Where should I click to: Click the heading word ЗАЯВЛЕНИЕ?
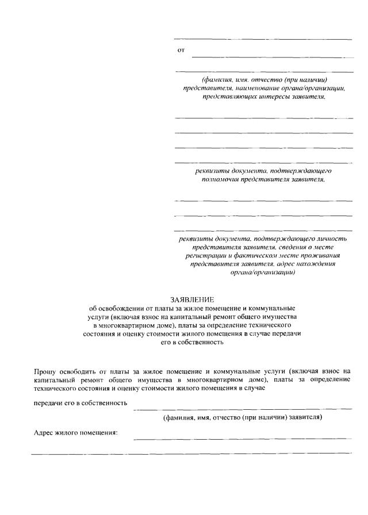[x=192, y=299]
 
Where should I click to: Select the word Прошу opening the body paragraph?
[x=45, y=372]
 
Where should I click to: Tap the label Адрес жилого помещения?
[x=75, y=433]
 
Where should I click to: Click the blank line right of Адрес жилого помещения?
[x=242, y=438]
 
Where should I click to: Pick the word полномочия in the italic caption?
[x=219, y=179]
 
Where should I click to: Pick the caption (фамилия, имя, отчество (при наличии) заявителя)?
[x=242, y=417]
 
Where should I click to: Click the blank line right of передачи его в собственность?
[x=242, y=408]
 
